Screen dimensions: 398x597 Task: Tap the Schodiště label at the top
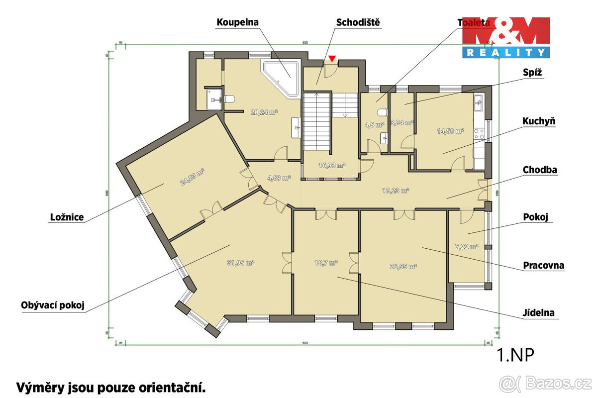pos(359,22)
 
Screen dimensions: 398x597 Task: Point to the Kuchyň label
pos(539,121)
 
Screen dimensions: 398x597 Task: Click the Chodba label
pos(540,170)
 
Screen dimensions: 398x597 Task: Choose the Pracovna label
pos(544,265)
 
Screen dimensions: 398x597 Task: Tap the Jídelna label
pos(539,313)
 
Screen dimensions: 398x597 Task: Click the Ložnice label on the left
pos(67,217)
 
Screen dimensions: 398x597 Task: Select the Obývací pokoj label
pos(53,305)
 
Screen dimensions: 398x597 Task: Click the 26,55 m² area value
pos(402,266)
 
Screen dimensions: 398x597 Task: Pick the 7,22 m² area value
pos(466,246)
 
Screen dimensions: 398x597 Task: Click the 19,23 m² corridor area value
pos(396,190)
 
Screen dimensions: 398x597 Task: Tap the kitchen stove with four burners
pos(479,133)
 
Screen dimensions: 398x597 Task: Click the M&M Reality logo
pos(506,37)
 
